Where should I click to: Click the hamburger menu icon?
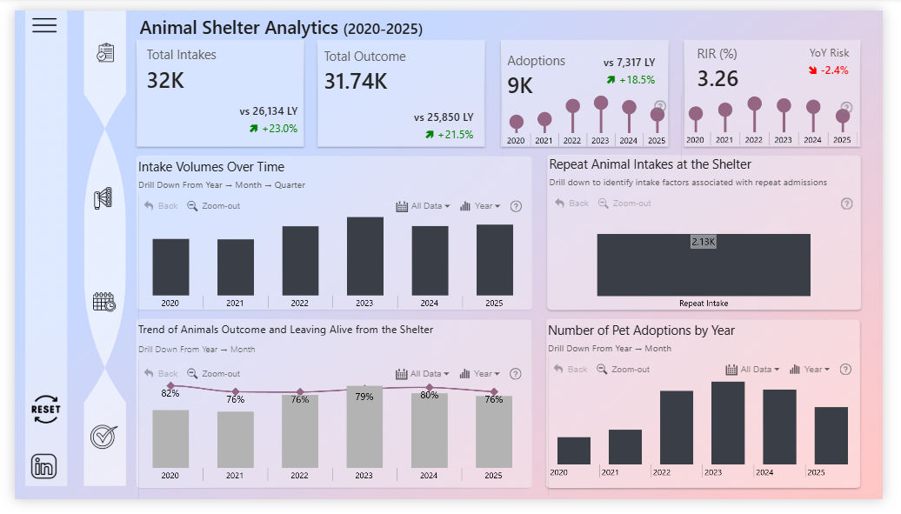[x=44, y=25]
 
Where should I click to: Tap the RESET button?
[x=45, y=409]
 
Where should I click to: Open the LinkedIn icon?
[x=44, y=465]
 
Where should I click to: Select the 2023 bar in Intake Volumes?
[x=364, y=256]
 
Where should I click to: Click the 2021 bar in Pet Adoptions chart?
[x=625, y=446]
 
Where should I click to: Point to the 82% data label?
[x=170, y=393]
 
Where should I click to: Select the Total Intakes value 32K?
[x=165, y=81]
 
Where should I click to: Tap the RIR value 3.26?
[x=717, y=79]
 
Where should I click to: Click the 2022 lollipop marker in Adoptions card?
[x=572, y=106]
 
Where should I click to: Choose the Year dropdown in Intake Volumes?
[x=480, y=206]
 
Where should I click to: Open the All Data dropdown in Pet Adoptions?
[x=753, y=369]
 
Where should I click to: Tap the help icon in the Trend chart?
[x=516, y=373]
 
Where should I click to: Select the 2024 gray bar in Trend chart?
[x=430, y=431]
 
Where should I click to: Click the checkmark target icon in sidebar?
[x=103, y=436]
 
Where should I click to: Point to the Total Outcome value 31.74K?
[x=356, y=82]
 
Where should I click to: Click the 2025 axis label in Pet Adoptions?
[x=816, y=472]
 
